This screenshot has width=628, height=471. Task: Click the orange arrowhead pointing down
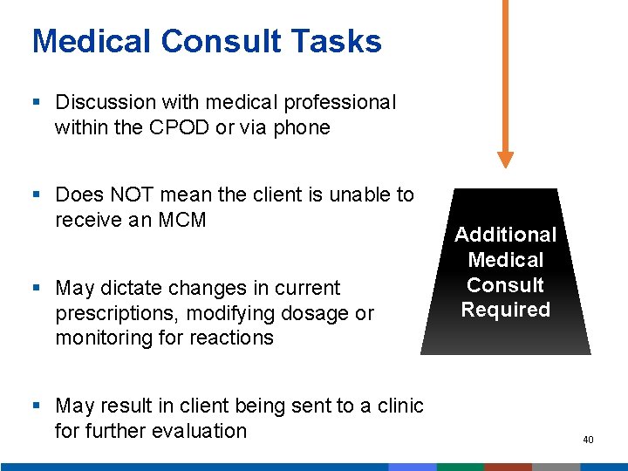point(505,160)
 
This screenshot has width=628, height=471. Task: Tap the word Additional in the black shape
point(505,235)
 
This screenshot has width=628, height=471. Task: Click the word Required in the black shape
point(505,310)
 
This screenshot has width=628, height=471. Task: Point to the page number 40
point(588,440)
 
